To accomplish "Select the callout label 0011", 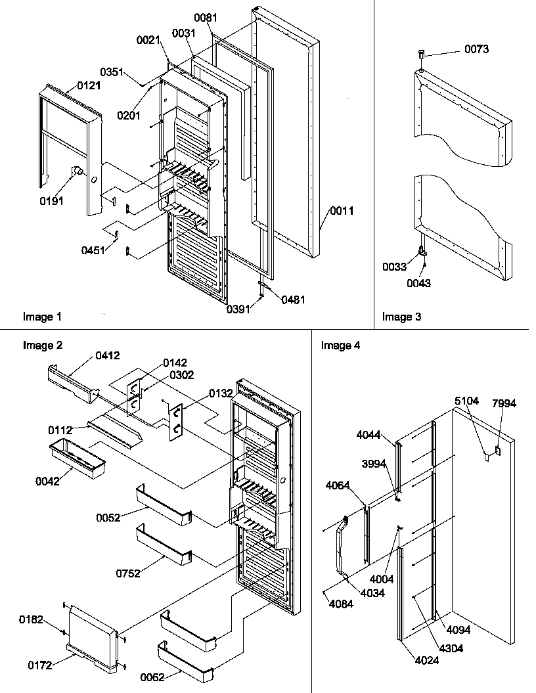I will pos(342,211).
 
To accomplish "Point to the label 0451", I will pos(93,250).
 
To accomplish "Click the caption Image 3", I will pos(402,317).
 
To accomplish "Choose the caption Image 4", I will pos(340,346).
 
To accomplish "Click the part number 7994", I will pos(504,403).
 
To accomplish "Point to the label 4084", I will pos(340,604).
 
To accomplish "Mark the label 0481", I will pos(294,300).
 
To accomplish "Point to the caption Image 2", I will pos(43,346).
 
